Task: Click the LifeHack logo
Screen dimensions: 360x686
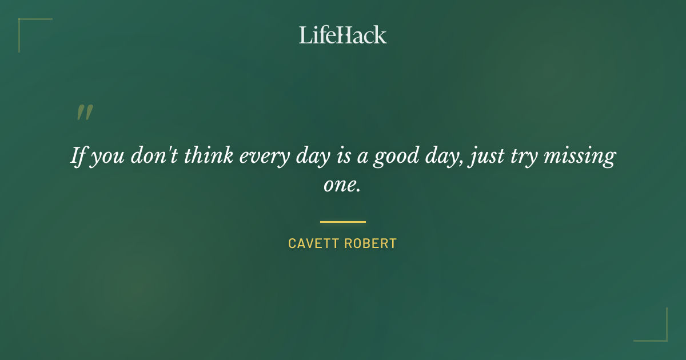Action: click(343, 35)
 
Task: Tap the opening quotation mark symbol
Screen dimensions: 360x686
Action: click(84, 113)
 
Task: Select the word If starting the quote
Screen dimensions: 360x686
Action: click(78, 155)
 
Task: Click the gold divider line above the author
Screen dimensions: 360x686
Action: click(343, 222)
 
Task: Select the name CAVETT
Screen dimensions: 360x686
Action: click(313, 243)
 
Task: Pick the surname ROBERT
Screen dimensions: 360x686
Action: click(370, 243)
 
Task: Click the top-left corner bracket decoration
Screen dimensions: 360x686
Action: click(26, 26)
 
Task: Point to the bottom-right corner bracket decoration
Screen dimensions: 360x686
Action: click(660, 334)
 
